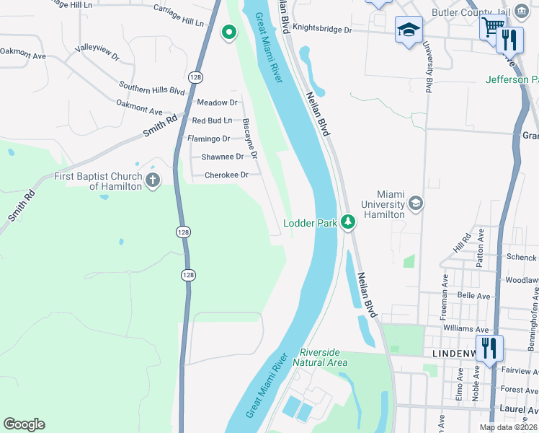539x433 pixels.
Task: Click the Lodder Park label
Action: point(311,224)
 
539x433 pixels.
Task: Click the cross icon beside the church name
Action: point(152,180)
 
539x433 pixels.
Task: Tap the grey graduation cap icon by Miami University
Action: point(415,204)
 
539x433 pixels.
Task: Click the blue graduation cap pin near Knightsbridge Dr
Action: point(409,30)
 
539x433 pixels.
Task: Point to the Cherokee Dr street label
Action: point(226,175)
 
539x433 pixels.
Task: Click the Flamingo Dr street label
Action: point(208,139)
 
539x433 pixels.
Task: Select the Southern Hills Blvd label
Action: point(153,89)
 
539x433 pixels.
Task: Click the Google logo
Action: point(24,424)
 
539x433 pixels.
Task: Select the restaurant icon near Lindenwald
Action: point(489,347)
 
